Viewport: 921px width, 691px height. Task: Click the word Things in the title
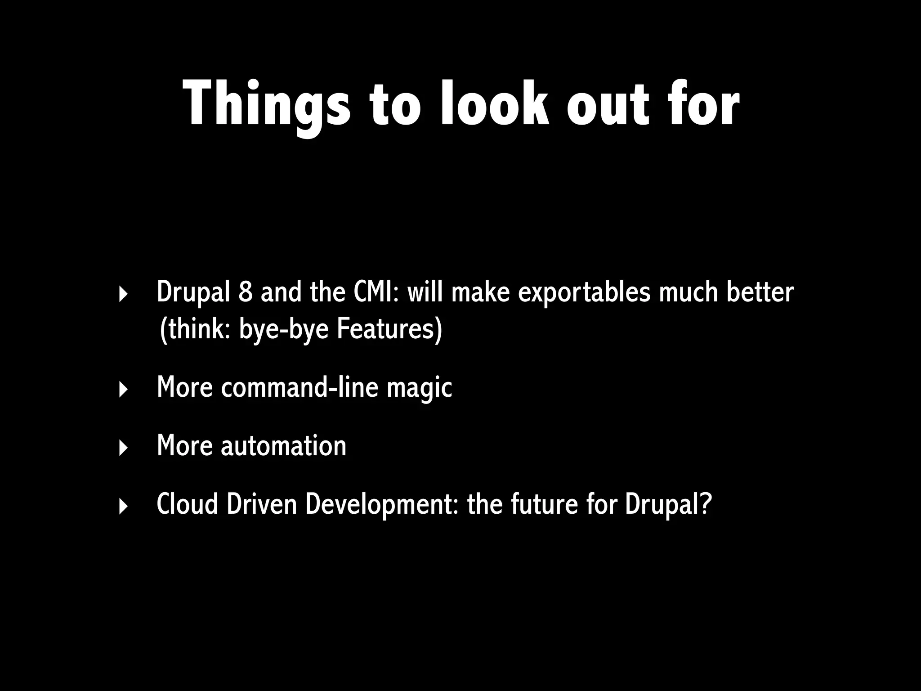tap(266, 104)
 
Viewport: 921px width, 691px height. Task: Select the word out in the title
tap(608, 104)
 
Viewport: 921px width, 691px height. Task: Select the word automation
tap(283, 446)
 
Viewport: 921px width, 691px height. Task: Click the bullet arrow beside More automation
tap(123, 448)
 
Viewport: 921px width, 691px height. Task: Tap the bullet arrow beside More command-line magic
tap(123, 390)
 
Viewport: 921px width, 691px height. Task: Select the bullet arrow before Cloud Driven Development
tap(123, 507)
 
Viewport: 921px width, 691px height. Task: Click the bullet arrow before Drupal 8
tap(123, 295)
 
